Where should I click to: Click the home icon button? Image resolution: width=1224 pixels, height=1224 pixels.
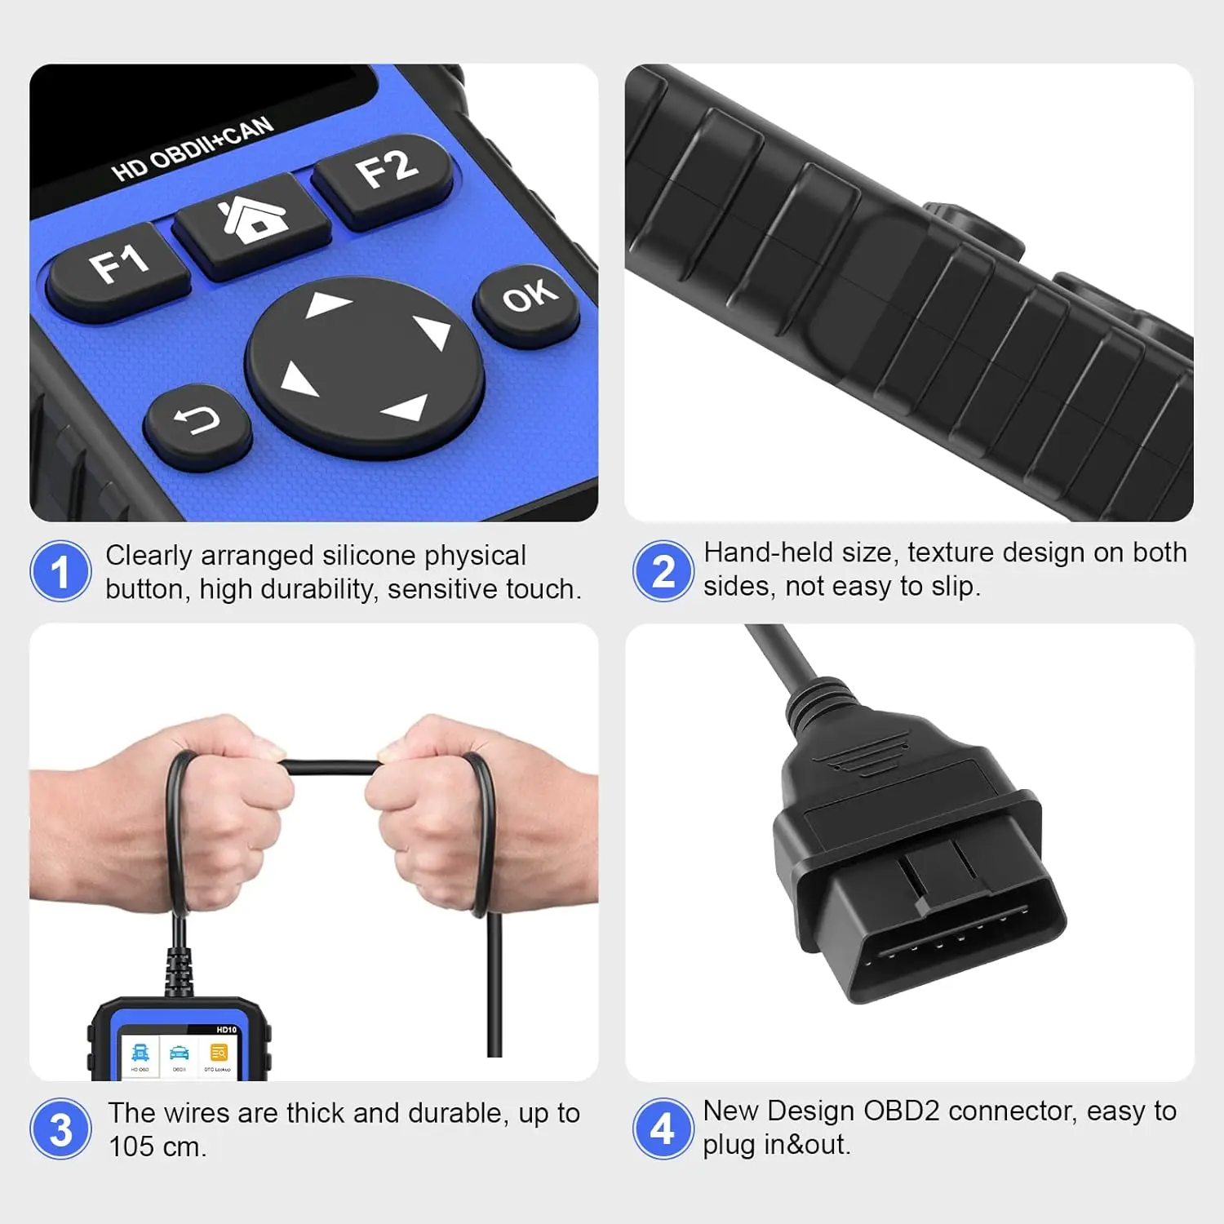(x=253, y=219)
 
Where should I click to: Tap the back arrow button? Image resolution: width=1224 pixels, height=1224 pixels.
(x=197, y=421)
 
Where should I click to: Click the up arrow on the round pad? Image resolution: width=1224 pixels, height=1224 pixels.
(x=328, y=305)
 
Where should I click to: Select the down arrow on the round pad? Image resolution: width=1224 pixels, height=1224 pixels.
(x=406, y=406)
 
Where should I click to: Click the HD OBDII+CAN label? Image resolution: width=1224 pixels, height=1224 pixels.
(x=193, y=149)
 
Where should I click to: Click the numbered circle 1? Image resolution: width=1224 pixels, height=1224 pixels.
(x=60, y=571)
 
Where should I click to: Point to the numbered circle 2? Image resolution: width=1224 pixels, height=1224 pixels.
(x=663, y=571)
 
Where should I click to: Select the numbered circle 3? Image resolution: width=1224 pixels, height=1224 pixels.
(x=60, y=1129)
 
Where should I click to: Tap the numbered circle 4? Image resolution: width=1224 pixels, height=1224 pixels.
(x=663, y=1129)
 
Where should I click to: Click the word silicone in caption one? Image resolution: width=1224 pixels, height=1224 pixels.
(x=370, y=556)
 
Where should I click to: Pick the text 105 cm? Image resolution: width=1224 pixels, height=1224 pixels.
(x=157, y=1146)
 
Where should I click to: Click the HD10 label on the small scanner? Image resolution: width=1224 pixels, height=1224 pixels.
(x=226, y=1030)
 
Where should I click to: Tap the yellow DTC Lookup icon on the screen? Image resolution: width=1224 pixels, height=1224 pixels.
(x=218, y=1053)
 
